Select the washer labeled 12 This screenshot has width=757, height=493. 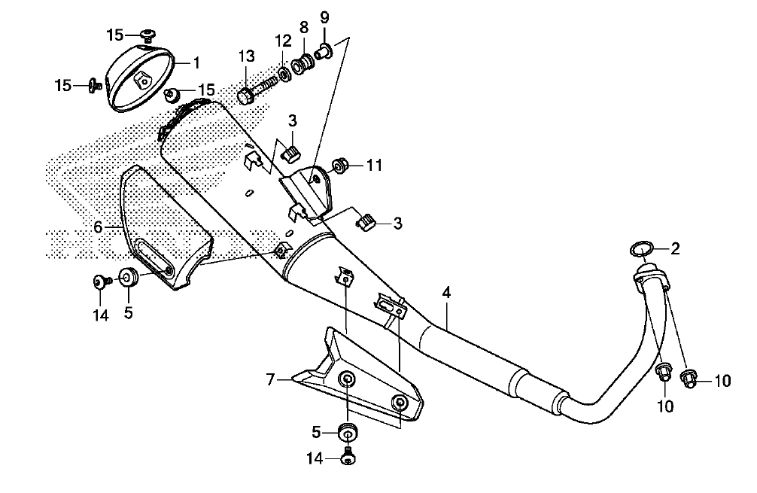[x=285, y=75]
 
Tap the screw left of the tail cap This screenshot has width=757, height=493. [x=93, y=86]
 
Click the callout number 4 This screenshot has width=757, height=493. [x=447, y=293]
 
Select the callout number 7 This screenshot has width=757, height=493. [x=270, y=381]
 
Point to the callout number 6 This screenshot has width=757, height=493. [x=98, y=227]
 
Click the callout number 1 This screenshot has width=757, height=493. [x=196, y=62]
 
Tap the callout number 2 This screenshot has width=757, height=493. [x=676, y=248]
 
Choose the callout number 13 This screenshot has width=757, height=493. [x=247, y=56]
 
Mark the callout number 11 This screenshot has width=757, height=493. [x=374, y=166]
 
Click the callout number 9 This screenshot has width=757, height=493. [x=324, y=18]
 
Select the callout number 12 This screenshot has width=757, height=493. [x=284, y=41]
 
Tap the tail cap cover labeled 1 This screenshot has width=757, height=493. [x=141, y=76]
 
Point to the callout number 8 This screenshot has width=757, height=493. [x=304, y=28]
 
